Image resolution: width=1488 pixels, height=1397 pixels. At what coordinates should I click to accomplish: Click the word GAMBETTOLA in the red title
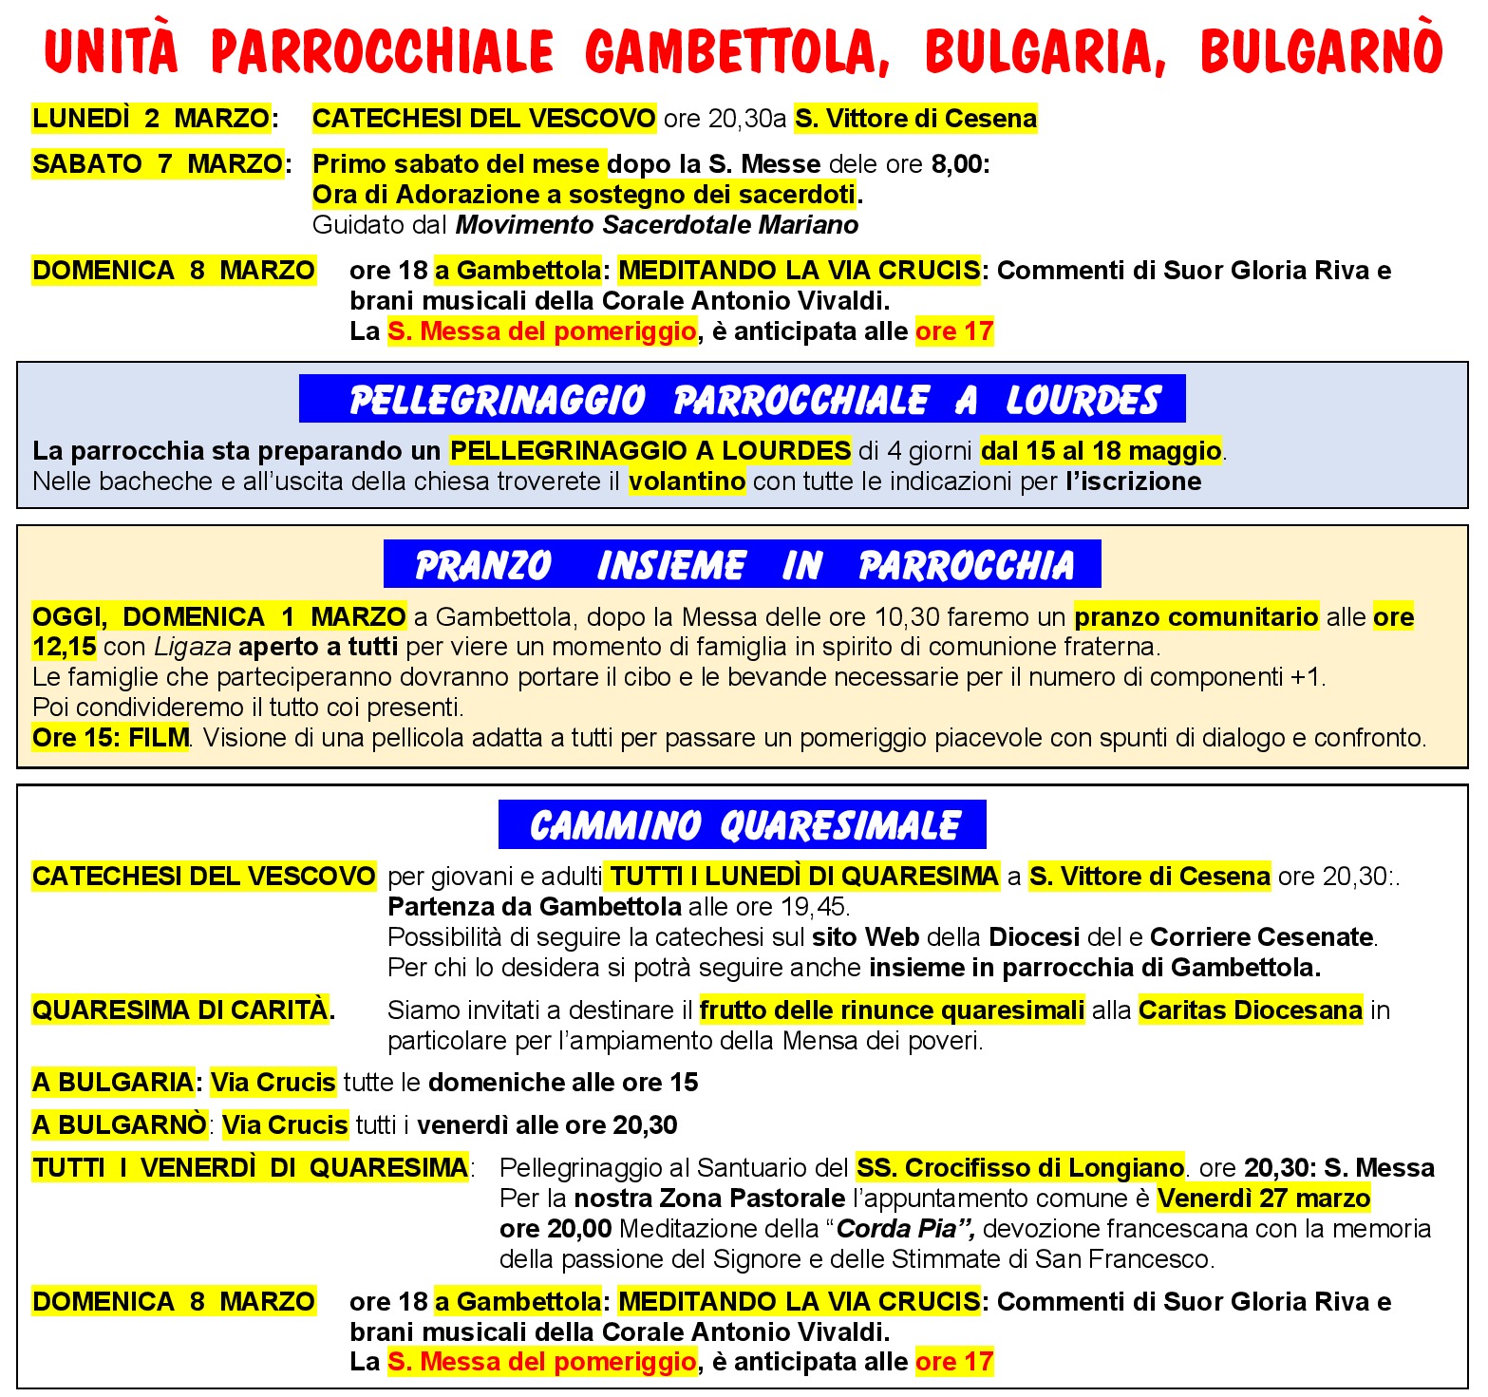pyautogui.click(x=737, y=51)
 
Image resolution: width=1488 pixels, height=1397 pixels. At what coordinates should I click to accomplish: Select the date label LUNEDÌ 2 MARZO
pyautogui.click(x=151, y=119)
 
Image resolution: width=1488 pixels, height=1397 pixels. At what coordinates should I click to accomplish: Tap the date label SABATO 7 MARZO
pyautogui.click(x=158, y=164)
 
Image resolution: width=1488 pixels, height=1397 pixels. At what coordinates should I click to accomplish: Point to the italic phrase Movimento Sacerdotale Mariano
pyautogui.click(x=657, y=225)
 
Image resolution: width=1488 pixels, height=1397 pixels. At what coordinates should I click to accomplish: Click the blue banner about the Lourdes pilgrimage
pyautogui.click(x=742, y=399)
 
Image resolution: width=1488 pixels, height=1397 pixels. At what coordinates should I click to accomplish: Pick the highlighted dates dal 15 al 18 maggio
pyautogui.click(x=1101, y=450)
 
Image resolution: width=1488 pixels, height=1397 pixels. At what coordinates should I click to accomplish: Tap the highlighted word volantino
pyautogui.click(x=687, y=481)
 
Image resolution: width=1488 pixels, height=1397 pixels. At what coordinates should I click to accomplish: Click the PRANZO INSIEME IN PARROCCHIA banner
pyautogui.click(x=742, y=565)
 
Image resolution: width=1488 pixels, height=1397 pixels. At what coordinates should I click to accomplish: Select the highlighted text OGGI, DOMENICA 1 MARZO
pyautogui.click(x=219, y=617)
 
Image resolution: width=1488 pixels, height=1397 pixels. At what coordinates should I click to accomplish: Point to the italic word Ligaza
pyautogui.click(x=193, y=648)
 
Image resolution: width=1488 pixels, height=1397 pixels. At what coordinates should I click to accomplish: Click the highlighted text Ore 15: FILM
pyautogui.click(x=111, y=738)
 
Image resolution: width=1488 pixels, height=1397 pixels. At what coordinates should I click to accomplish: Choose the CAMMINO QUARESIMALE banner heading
pyautogui.click(x=742, y=825)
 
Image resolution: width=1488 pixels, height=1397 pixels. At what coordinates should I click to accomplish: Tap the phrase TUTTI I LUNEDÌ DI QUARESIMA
pyautogui.click(x=803, y=876)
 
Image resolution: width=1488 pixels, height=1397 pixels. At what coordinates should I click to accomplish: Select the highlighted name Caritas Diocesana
pyautogui.click(x=1251, y=1010)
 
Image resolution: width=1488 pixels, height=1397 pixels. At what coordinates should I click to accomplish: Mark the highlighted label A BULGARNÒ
pyautogui.click(x=119, y=1125)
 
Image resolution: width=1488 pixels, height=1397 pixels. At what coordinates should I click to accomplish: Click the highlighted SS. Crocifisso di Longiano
pyautogui.click(x=1020, y=1167)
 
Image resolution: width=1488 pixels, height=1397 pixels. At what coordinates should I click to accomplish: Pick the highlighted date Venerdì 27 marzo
pyautogui.click(x=1264, y=1199)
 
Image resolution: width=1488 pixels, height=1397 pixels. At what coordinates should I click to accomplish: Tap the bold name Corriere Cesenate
pyautogui.click(x=1262, y=937)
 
